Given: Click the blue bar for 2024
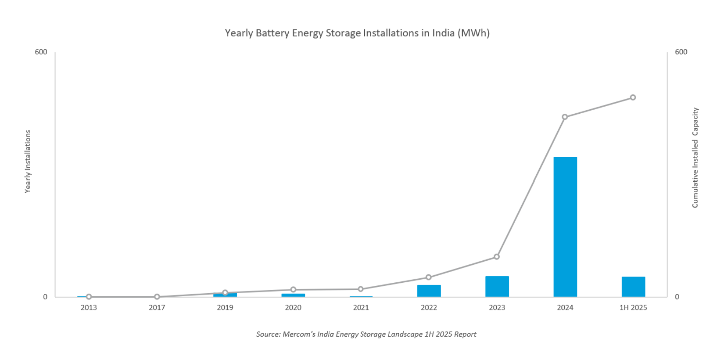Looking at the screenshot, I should pos(565,227).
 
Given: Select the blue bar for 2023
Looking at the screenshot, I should pos(497,287).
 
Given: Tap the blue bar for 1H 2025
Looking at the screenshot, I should pos(633,287).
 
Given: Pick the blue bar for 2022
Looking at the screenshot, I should pos(429,291).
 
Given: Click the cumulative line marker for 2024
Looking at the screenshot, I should pos(565,117).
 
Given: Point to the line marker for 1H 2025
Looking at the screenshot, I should pos(633,97).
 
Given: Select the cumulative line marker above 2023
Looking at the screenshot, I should pos(497,257).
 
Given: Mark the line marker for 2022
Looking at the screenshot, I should pos(429,277).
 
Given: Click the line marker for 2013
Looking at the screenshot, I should pos(89,297).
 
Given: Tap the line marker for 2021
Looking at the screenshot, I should pos(361,289).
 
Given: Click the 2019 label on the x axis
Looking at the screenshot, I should pos(225,308).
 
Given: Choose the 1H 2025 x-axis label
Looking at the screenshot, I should pos(633,308).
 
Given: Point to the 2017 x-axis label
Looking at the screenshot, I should pos(157,308).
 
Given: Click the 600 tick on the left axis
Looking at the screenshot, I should pos(41,52).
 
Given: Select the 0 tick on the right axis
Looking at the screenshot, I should pos(677,297).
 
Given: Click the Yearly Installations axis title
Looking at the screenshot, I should pos(28,162).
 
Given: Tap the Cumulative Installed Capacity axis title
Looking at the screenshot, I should pos(695,158).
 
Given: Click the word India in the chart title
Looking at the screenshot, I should pos(443,33).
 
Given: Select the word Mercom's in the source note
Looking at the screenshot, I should pos(299,334).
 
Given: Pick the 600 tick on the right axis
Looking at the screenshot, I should pos(681,52).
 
